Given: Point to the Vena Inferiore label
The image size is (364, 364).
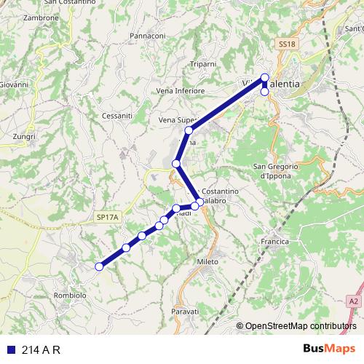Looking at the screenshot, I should click(181, 91).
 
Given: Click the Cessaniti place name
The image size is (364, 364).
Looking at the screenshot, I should click(117, 115).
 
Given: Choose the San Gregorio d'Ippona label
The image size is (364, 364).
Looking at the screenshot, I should click(277, 171).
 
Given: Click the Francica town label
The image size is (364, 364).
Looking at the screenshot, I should click(275, 241).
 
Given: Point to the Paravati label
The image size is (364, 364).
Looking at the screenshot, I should click(185, 311).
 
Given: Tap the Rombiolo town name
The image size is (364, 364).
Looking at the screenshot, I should click(70, 296).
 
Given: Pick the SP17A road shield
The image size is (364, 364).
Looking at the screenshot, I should click(106, 217).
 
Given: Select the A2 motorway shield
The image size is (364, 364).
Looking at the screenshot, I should click(354, 300).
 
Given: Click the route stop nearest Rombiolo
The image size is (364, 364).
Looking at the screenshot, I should click(99, 266).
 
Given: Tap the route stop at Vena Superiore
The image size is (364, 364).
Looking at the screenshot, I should click(189, 130).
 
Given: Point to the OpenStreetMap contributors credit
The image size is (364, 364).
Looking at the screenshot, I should click(296, 326).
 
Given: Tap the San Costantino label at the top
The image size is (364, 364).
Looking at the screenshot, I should click(67, 4).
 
